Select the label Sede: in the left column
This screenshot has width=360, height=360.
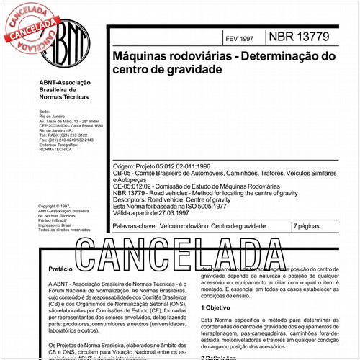[45, 112]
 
